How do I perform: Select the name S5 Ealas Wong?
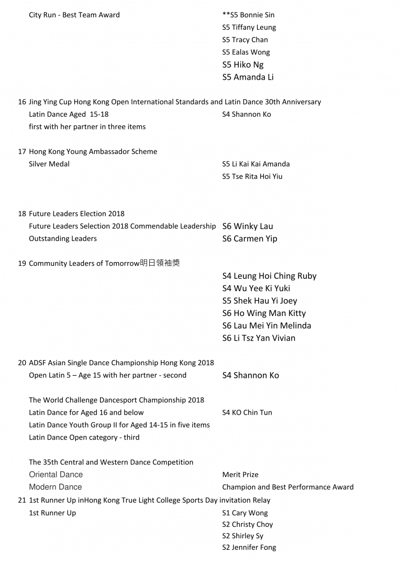[x=246, y=52]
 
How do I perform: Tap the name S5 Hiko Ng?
[x=242, y=64]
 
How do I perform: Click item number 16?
[x=22, y=102]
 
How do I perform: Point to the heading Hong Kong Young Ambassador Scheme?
[x=93, y=151]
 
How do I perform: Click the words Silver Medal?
[x=49, y=164]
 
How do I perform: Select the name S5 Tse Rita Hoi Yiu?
[x=252, y=176]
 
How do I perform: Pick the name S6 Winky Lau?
[x=247, y=226]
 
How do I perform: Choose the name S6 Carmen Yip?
[x=249, y=238]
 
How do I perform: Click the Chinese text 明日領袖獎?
[x=160, y=263]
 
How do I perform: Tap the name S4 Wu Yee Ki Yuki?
[x=255, y=288]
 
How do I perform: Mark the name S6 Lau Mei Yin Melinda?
[x=266, y=325]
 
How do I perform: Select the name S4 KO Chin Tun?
[x=247, y=412]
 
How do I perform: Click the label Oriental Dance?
[x=55, y=474]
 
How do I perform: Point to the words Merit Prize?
[x=240, y=474]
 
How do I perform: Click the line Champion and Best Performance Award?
[x=287, y=487]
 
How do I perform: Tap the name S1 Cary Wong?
[x=245, y=513]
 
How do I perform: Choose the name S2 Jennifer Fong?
[x=249, y=547]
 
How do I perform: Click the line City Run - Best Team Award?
[x=74, y=15]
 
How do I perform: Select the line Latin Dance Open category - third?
[x=84, y=437]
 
